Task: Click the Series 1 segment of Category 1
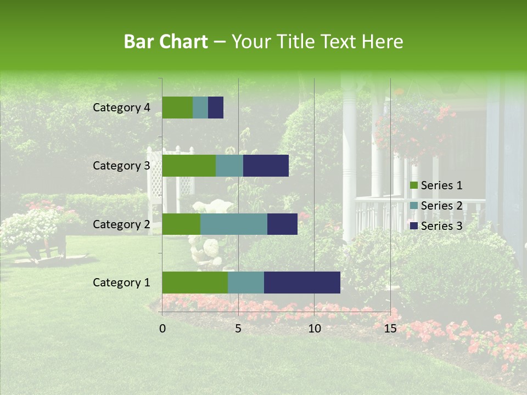195,282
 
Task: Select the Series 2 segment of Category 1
245,282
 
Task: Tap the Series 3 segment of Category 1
302,282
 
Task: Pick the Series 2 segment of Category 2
233,224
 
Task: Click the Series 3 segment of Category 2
282,224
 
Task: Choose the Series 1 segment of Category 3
189,166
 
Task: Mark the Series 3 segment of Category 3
266,166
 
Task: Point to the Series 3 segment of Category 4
216,108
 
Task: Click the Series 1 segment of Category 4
177,108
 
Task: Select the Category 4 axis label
121,108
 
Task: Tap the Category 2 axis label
121,224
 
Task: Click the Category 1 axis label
121,283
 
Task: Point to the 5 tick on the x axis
238,329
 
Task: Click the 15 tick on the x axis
390,329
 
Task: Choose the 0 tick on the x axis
162,329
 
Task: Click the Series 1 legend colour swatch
413,185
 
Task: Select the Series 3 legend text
441,226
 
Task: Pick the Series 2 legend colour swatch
413,206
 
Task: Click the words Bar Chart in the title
166,42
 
